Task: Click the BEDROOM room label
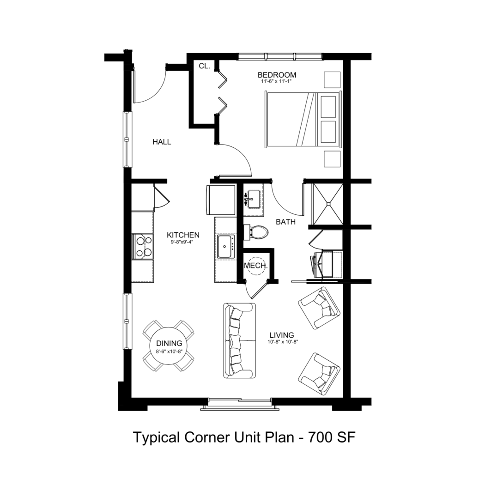click(x=277, y=75)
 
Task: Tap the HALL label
click(x=162, y=142)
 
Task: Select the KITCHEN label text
click(x=183, y=235)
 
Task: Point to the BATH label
click(x=285, y=222)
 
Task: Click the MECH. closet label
click(x=255, y=266)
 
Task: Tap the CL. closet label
click(x=205, y=66)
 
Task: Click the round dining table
click(x=169, y=346)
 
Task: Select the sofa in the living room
click(x=240, y=340)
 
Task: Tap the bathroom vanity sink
click(x=254, y=199)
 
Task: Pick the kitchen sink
click(x=225, y=246)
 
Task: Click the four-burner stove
click(x=143, y=246)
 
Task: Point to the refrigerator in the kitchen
click(x=220, y=200)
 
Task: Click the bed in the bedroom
click(x=303, y=119)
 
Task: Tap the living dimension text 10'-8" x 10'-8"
click(x=283, y=342)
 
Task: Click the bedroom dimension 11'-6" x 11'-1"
click(x=277, y=82)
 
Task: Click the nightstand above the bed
click(x=332, y=80)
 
